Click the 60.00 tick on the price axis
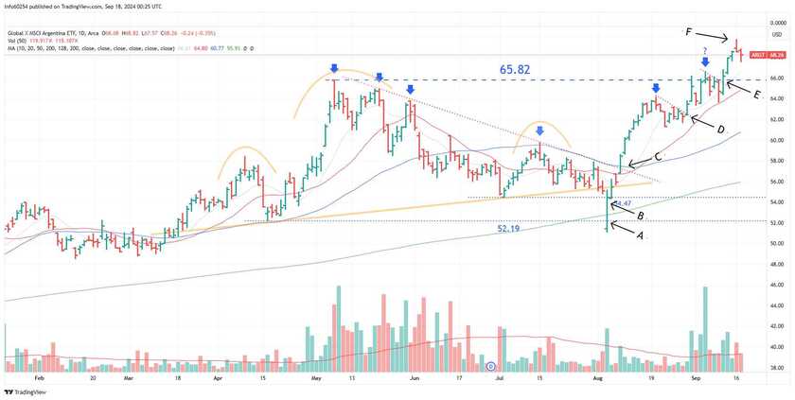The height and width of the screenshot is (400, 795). [776, 140]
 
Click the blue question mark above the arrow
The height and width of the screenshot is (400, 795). [705, 49]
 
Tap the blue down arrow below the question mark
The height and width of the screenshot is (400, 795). [705, 62]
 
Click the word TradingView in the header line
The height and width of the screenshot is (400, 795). [89, 7]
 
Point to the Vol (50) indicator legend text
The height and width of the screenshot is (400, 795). [16, 41]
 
